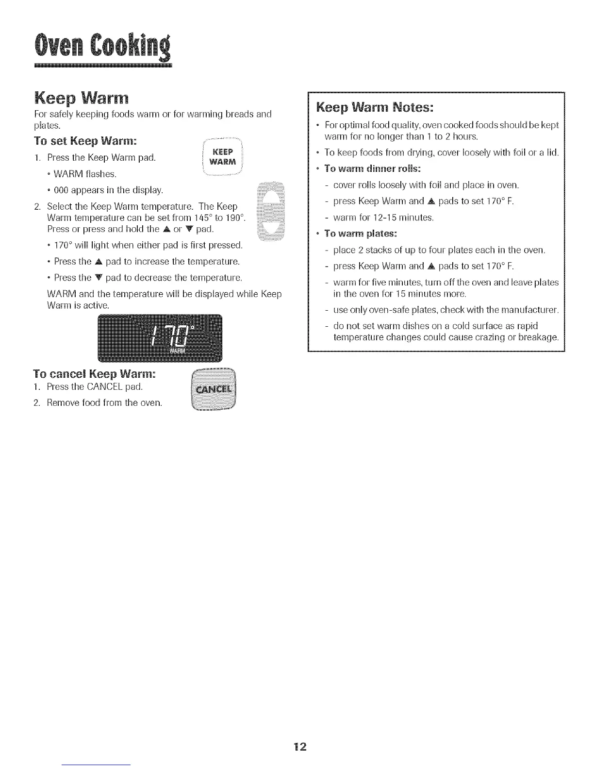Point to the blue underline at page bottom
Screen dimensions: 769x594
point(97,765)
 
